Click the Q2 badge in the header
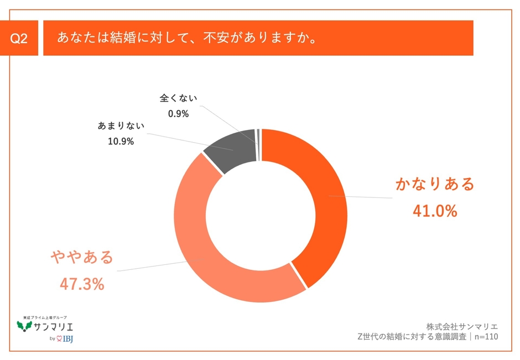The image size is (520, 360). [x=20, y=39]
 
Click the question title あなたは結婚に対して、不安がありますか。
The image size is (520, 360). [x=187, y=38]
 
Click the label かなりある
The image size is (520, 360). [x=435, y=184]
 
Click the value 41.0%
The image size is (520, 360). [x=435, y=211]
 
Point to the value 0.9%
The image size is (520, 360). [x=178, y=114]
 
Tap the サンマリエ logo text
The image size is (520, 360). [x=53, y=327]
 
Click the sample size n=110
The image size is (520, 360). [x=485, y=336]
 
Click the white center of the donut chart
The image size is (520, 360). [x=261, y=216]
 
